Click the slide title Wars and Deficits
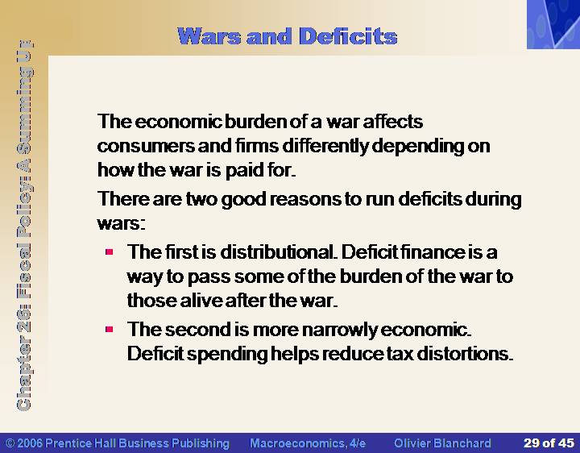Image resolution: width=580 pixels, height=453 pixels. (x=288, y=36)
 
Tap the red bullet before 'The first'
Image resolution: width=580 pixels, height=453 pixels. (x=109, y=252)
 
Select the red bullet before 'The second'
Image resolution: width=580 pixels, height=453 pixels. (x=109, y=329)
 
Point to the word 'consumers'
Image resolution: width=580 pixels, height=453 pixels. (x=146, y=146)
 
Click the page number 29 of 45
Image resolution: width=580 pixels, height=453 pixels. (x=549, y=443)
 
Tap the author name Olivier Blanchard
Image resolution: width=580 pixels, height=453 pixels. (x=442, y=443)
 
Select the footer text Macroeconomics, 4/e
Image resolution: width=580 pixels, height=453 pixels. (x=308, y=443)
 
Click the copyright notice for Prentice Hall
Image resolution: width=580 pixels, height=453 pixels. (x=118, y=443)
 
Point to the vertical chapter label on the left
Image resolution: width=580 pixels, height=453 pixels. (x=25, y=225)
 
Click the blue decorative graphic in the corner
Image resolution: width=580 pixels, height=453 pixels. (x=553, y=24)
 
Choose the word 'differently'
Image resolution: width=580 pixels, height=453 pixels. (x=325, y=146)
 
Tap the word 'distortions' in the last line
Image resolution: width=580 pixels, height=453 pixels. (x=465, y=354)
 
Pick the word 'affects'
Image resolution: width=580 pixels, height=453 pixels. (x=393, y=122)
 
